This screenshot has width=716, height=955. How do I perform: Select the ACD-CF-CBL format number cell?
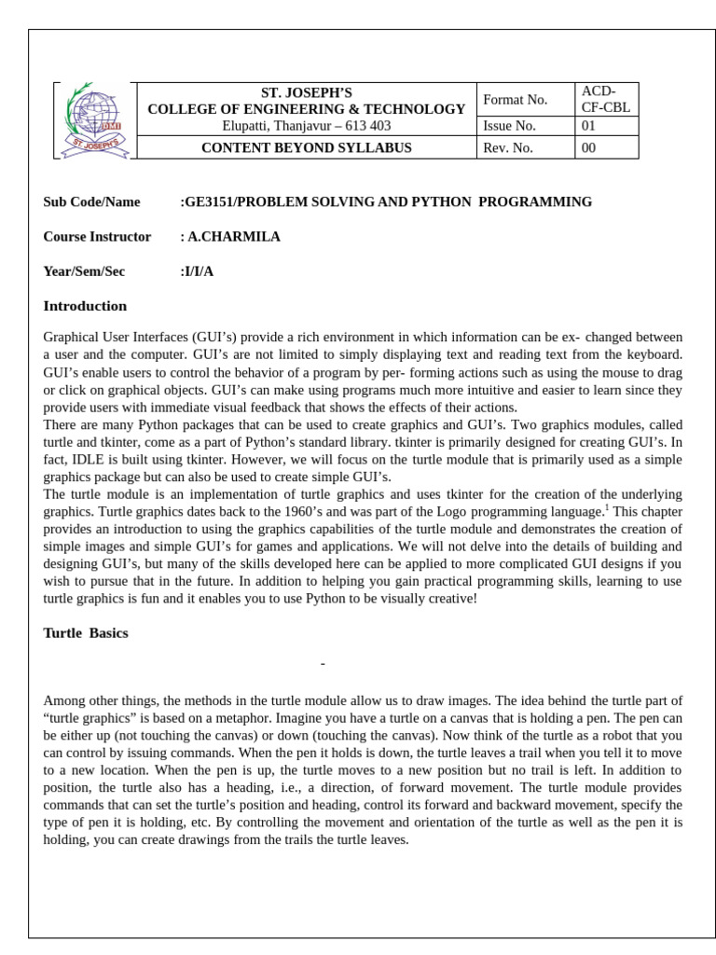click(605, 99)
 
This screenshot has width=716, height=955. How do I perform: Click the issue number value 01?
click(588, 126)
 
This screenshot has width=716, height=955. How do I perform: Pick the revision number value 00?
click(588, 147)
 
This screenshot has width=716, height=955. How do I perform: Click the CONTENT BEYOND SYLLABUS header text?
click(306, 147)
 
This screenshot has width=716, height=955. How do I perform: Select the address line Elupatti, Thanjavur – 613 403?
click(306, 126)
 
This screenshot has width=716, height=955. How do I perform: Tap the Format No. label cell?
click(515, 100)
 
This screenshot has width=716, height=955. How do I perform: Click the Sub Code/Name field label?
click(91, 201)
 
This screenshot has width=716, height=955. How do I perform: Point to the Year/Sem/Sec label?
click(84, 271)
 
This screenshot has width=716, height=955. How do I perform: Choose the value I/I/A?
click(199, 271)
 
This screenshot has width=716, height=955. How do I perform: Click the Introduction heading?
click(85, 306)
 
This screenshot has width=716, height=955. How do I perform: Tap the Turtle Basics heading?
click(86, 633)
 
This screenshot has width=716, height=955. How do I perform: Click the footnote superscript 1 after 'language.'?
click(607, 507)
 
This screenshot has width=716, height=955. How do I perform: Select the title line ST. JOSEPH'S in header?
click(306, 92)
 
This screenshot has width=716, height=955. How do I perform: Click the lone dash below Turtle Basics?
click(323, 664)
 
